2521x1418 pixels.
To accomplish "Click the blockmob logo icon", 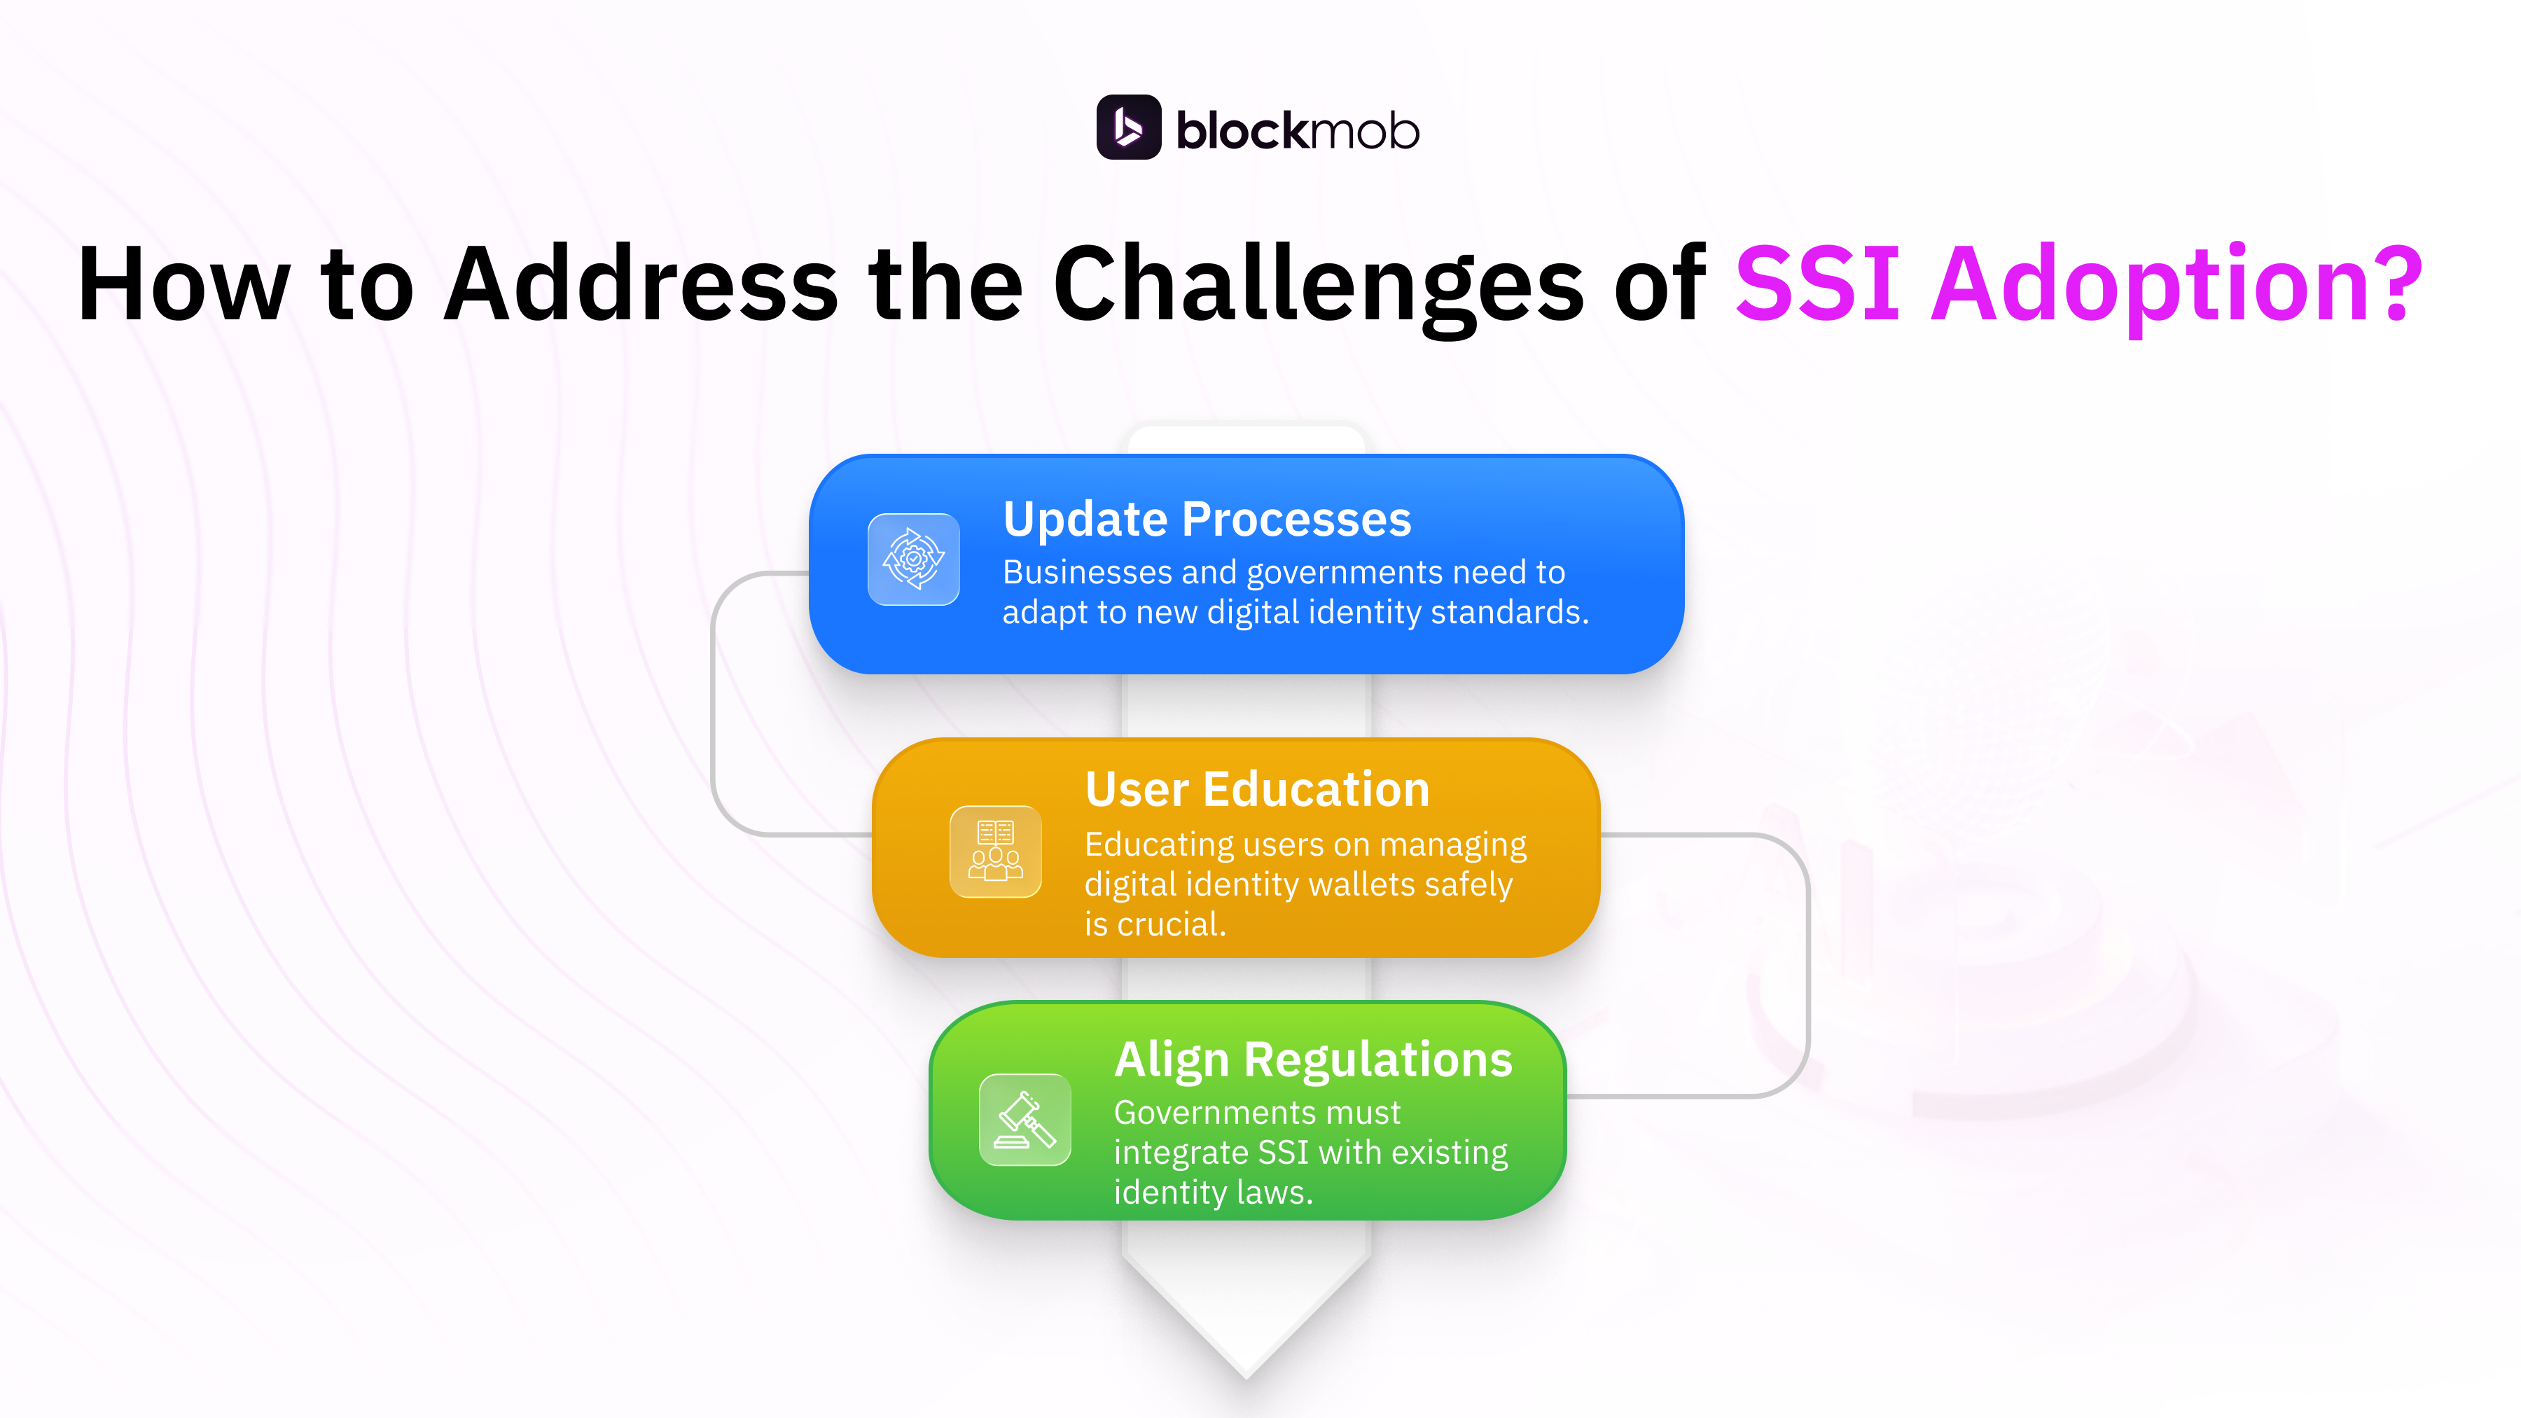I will pyautogui.click(x=1128, y=127).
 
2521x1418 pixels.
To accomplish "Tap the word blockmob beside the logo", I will pyautogui.click(x=1297, y=131).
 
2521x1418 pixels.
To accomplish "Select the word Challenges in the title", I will pyautogui.click(x=1317, y=285).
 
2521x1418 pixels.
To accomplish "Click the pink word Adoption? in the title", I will pyautogui.click(x=2176, y=285).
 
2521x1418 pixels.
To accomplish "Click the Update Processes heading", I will pyautogui.click(x=1207, y=519).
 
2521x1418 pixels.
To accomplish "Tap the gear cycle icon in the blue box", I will pyautogui.click(x=913, y=559).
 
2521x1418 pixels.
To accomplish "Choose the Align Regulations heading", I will pyautogui.click(x=1313, y=1060).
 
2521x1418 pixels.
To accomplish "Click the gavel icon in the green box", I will pyautogui.click(x=1025, y=1120).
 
